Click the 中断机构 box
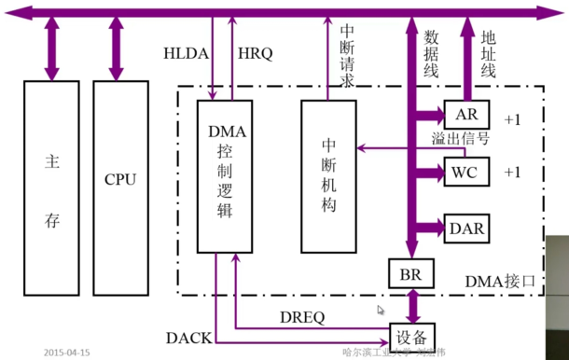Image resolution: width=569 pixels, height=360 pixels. coord(328,175)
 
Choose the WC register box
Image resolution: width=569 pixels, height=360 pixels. coord(464,173)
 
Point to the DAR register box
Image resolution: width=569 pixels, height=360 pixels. coord(466,228)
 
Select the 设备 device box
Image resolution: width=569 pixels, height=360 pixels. coord(411,335)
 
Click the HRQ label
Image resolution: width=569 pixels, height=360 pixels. coord(256,54)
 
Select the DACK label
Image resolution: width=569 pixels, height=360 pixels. coord(188,336)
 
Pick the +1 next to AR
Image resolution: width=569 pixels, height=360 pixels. coord(514,119)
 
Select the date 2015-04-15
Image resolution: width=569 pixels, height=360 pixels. coord(67,353)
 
